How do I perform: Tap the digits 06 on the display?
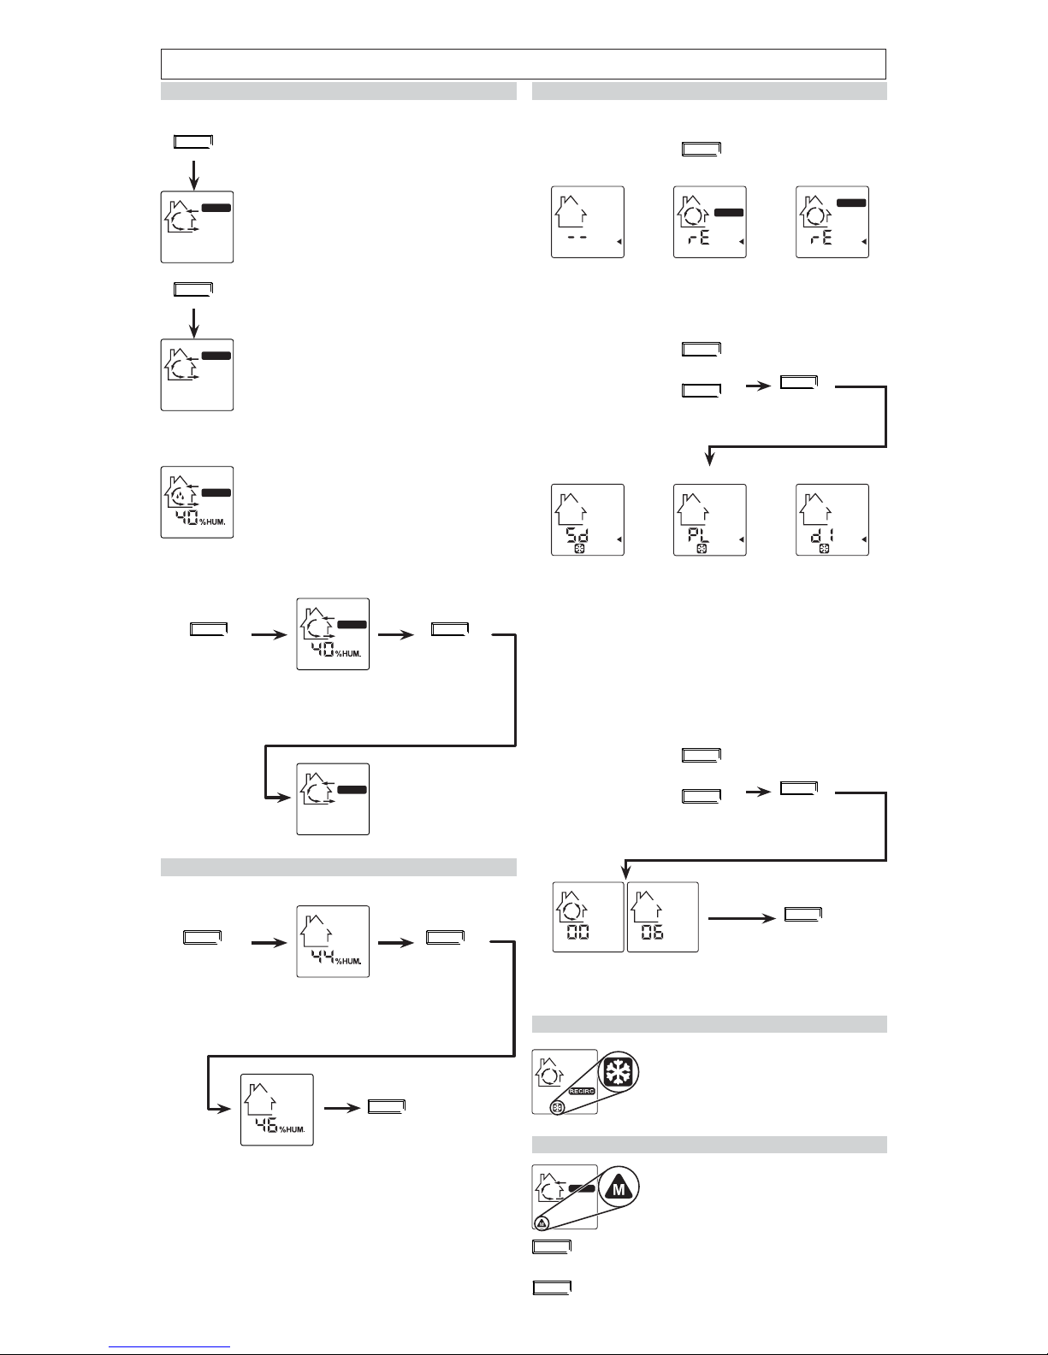pyautogui.click(x=653, y=932)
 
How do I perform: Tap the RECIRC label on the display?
pyautogui.click(x=581, y=1092)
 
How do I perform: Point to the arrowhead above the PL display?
pyautogui.click(x=709, y=460)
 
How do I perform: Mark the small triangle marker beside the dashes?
pyautogui.click(x=618, y=243)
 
